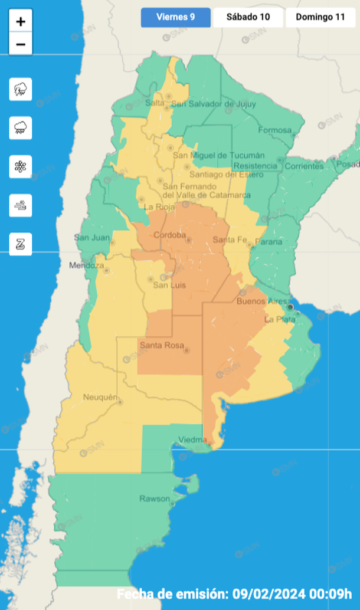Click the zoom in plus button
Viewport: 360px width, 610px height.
click(x=21, y=22)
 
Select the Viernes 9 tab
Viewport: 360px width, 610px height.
click(x=175, y=17)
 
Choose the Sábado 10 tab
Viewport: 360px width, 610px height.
click(x=248, y=17)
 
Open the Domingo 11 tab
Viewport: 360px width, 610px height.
click(x=320, y=17)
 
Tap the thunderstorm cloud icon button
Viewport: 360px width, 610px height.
click(x=21, y=89)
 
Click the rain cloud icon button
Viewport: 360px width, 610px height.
click(x=21, y=127)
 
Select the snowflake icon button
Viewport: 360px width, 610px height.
click(x=21, y=166)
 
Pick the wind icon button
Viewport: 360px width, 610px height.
click(x=21, y=205)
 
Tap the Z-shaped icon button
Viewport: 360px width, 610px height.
click(x=21, y=244)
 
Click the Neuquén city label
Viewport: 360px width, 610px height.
click(x=101, y=396)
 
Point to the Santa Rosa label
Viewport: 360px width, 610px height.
click(x=161, y=346)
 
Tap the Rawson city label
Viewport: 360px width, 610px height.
click(x=153, y=499)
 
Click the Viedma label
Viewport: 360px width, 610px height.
click(x=192, y=440)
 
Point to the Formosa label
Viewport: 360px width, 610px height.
click(x=274, y=130)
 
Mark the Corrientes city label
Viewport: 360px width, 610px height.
click(x=304, y=166)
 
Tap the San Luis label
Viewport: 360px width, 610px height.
click(x=169, y=286)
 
